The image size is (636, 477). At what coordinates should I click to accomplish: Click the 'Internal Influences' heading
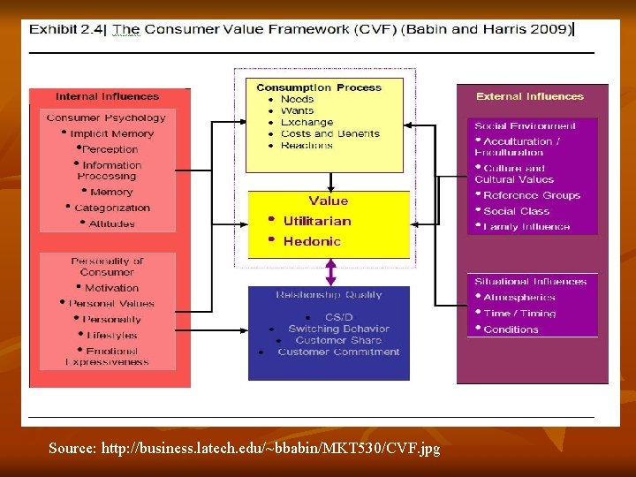click(107, 96)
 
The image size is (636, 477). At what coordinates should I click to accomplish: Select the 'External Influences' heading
click(530, 96)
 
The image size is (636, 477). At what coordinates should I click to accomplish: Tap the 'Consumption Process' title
click(319, 87)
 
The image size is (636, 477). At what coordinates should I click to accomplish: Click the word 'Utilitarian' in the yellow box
click(317, 221)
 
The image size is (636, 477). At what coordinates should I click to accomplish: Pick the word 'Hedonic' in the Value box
click(312, 241)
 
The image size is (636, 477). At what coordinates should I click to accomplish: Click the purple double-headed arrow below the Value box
click(331, 271)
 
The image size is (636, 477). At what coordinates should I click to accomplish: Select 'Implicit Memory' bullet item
click(112, 134)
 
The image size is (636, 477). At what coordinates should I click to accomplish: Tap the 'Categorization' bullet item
click(112, 208)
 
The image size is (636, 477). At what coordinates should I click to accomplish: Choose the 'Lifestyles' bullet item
click(112, 336)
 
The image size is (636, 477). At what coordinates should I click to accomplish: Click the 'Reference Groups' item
click(532, 195)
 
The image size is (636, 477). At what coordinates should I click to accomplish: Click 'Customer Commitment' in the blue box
click(338, 352)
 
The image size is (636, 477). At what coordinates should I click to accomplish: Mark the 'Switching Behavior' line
click(338, 329)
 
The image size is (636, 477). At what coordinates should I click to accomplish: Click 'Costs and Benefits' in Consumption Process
click(329, 134)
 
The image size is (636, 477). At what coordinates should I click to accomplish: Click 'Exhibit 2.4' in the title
click(66, 29)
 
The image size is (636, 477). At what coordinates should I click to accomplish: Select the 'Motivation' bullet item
click(112, 288)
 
